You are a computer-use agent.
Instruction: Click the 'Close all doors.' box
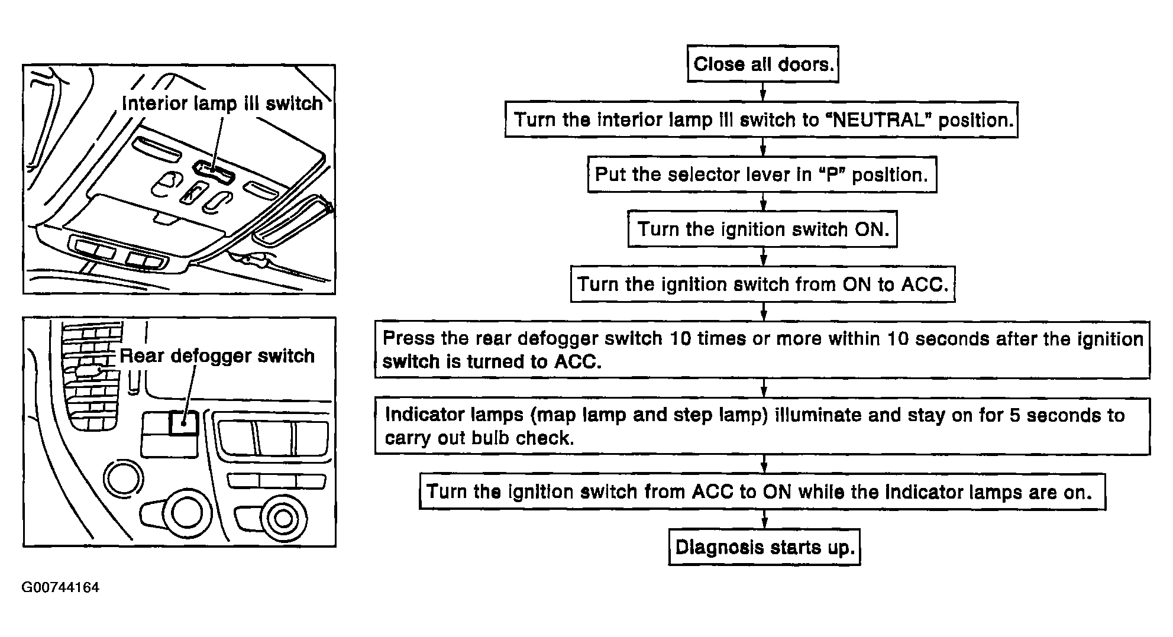(762, 64)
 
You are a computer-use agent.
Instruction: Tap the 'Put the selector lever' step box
(761, 174)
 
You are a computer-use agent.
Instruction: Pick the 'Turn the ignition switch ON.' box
(762, 229)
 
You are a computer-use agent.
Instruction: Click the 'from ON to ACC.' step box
(762, 284)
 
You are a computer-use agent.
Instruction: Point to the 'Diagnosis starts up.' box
(764, 547)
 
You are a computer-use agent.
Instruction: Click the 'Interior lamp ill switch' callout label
(222, 104)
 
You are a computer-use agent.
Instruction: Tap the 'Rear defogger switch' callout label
(217, 356)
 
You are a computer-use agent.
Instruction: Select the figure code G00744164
(60, 587)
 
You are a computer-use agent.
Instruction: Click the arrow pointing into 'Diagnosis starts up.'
(764, 519)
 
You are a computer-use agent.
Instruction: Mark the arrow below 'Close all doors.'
(763, 92)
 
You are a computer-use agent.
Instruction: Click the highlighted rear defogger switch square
(184, 423)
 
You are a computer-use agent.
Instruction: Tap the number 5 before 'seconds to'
(1015, 415)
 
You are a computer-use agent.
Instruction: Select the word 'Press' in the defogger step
(405, 338)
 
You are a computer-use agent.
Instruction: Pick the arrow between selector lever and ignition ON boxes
(763, 202)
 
